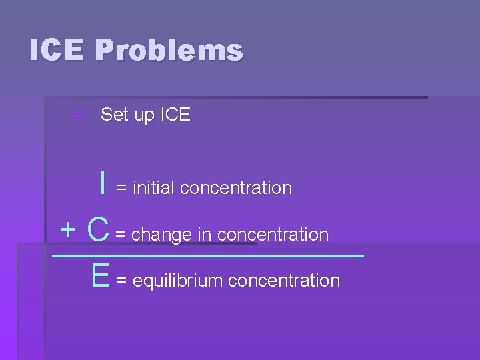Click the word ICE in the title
click(x=57, y=51)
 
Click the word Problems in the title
click(x=169, y=51)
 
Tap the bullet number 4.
click(x=79, y=115)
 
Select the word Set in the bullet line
click(x=115, y=115)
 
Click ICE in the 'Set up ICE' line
click(x=175, y=115)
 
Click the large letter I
click(x=102, y=182)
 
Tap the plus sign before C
click(x=68, y=230)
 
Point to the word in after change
click(x=205, y=235)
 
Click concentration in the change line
click(x=273, y=235)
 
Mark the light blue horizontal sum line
click(x=207, y=255)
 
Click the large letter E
click(x=101, y=275)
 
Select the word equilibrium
click(x=177, y=281)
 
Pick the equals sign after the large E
click(x=122, y=281)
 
